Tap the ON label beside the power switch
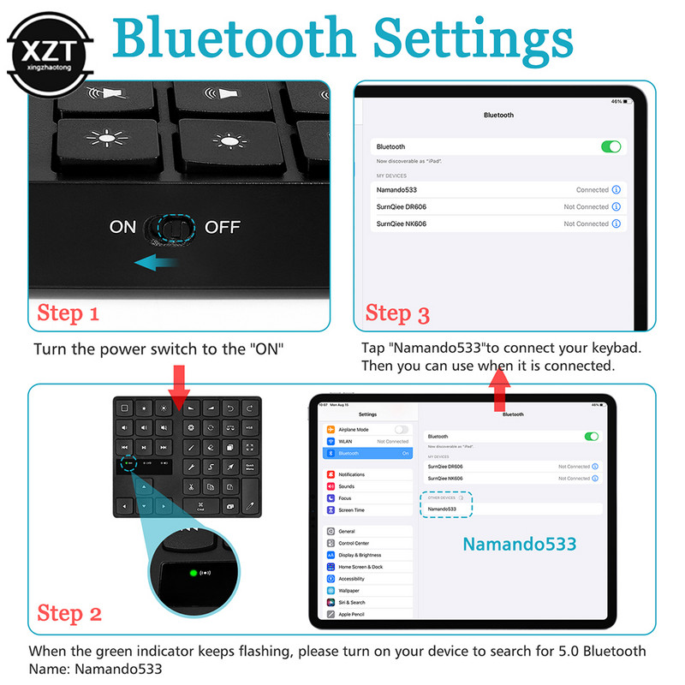[122, 227]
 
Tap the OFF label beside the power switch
[222, 227]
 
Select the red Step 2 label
[69, 613]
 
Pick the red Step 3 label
[397, 313]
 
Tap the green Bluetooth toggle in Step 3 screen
[611, 147]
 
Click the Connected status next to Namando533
[592, 190]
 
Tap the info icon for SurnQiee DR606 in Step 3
[616, 207]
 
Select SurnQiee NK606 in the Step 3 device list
[402, 223]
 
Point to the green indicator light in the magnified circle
[194, 573]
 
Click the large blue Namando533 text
[519, 544]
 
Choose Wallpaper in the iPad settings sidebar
[348, 590]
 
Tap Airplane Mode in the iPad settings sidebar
[353, 429]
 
